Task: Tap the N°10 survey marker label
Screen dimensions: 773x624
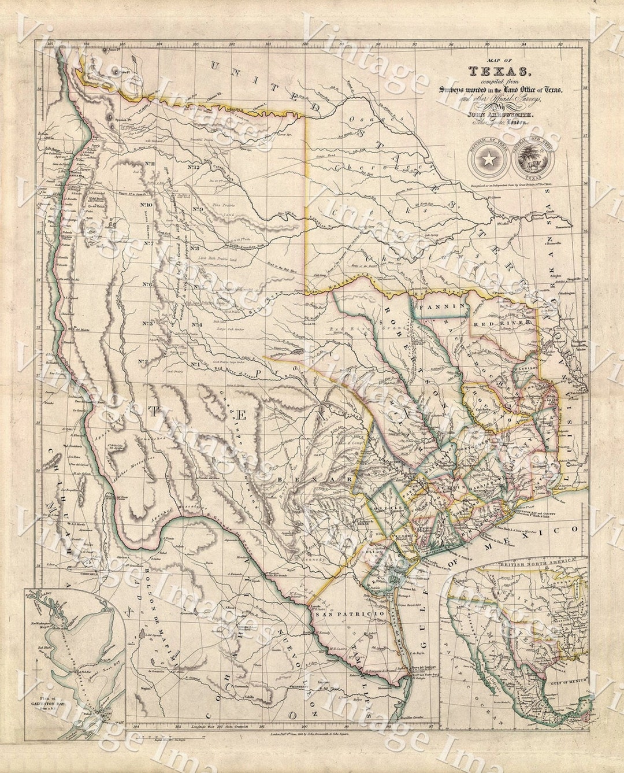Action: click(145, 205)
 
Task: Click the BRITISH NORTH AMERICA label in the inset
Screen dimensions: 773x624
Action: click(523, 561)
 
